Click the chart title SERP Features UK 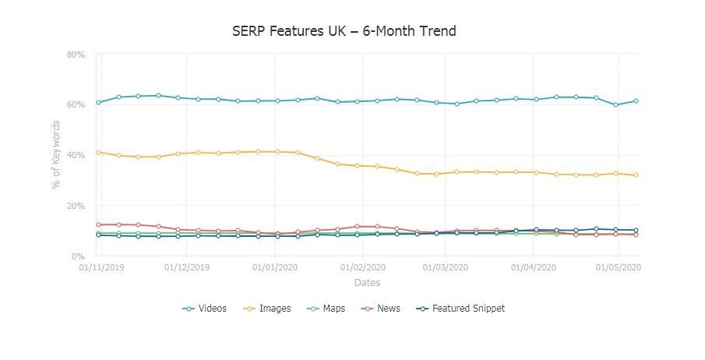coord(344,31)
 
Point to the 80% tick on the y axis coord(76,55)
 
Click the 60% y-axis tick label coord(76,104)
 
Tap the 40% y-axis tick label coord(76,155)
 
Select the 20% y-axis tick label coord(76,206)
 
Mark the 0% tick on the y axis coord(78,256)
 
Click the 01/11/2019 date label coord(101,267)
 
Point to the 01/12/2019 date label coord(187,267)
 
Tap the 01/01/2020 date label coord(275,267)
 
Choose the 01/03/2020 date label coord(446,267)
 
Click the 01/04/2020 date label coord(534,267)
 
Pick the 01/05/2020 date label coord(619,267)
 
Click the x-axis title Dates coord(367,283)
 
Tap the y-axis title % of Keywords coord(56,154)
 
